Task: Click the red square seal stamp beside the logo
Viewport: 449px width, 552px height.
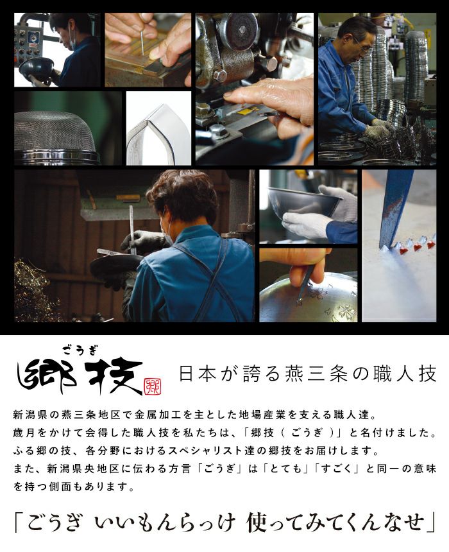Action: click(153, 387)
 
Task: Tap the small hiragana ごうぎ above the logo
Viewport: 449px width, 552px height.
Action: click(80, 350)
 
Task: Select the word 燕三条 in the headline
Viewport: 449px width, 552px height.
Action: click(305, 374)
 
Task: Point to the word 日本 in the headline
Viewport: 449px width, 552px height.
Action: click(197, 374)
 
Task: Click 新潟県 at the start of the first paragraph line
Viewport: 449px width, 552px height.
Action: click(30, 415)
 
